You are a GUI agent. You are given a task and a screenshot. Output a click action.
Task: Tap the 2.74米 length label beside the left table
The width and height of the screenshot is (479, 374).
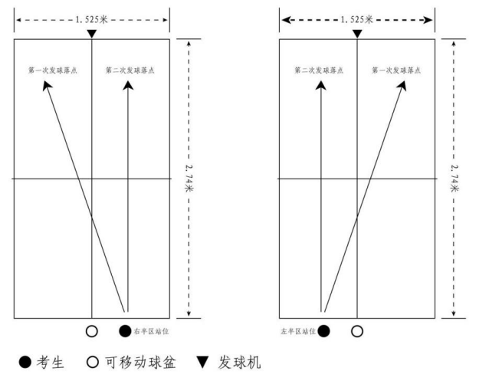(x=189, y=177)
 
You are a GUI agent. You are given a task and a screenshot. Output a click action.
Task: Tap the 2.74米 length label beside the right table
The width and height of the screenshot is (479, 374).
(x=454, y=177)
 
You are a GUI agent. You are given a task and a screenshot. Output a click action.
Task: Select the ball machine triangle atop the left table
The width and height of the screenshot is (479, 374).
(x=92, y=34)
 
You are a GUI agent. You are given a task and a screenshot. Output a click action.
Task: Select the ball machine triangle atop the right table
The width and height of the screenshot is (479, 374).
(x=357, y=34)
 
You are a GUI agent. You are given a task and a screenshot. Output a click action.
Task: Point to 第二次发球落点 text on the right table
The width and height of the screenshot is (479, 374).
(x=319, y=70)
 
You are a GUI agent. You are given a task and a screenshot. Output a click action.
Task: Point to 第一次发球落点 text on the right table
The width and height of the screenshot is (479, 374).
(x=396, y=70)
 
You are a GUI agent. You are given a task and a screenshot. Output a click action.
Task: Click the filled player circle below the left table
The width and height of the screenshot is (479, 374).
(x=125, y=331)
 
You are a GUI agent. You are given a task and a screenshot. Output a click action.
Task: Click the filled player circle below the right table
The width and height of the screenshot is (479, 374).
(x=324, y=331)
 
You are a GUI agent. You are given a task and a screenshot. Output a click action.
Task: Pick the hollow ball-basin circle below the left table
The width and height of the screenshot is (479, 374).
(x=92, y=331)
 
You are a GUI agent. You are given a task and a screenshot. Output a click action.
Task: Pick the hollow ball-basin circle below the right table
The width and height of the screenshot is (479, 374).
(x=357, y=331)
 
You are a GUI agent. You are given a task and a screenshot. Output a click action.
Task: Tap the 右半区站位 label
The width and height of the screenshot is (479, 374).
(x=149, y=331)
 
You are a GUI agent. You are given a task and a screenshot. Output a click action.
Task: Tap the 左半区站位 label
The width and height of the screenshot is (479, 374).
(x=299, y=331)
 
